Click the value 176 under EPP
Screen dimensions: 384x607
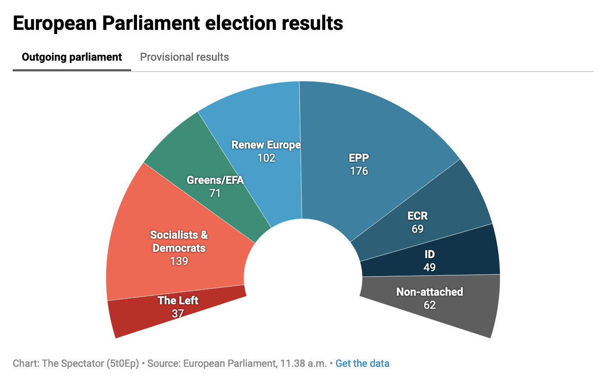(358, 171)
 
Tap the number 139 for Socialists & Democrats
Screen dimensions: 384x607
(179, 261)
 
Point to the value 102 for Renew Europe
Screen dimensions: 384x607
(266, 158)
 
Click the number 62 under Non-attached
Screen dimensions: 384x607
(429, 305)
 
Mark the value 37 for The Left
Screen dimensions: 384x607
(177, 313)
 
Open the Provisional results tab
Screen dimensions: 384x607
(184, 58)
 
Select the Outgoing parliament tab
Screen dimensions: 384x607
(72, 58)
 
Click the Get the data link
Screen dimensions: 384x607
(362, 364)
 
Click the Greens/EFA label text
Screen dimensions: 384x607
(215, 180)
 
